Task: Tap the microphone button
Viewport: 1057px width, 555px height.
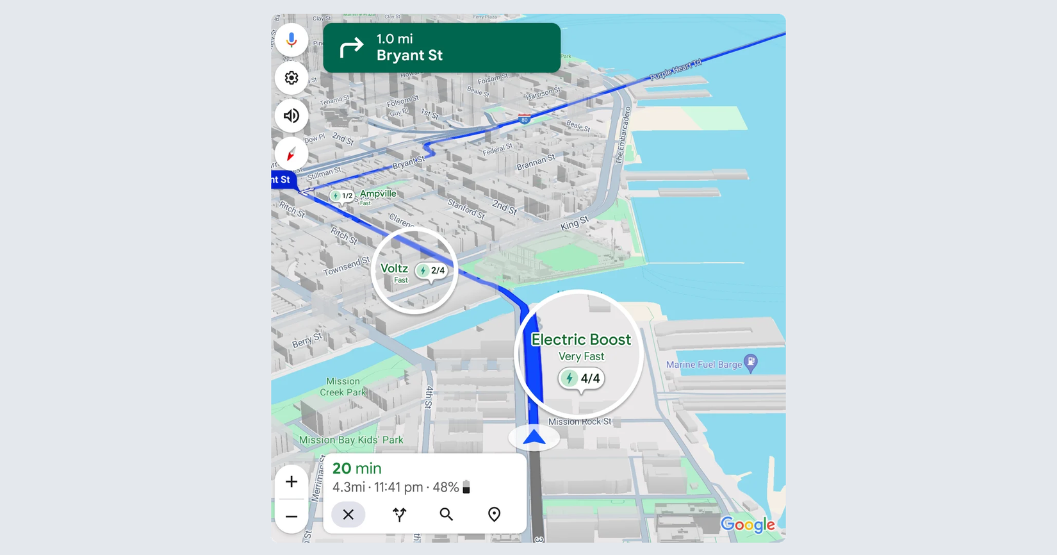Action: pos(291,40)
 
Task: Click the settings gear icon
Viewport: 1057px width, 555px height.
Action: pos(291,78)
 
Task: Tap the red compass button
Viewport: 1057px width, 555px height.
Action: pos(291,154)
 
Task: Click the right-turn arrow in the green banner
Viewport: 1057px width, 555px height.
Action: pos(351,47)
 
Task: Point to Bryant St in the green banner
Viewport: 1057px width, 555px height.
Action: pos(409,56)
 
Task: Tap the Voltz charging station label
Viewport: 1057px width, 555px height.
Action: pos(394,269)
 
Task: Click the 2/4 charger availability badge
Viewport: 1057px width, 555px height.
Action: pos(431,270)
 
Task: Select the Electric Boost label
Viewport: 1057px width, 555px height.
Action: pos(581,340)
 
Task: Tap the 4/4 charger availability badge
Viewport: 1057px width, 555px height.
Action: pos(582,378)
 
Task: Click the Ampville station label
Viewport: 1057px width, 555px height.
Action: pos(378,194)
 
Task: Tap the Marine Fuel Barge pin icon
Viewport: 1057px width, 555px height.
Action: pos(751,362)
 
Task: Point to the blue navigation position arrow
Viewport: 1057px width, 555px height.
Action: pos(534,438)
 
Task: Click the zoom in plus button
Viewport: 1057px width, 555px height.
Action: pos(291,481)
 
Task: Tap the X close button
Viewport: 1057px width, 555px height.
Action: pos(348,515)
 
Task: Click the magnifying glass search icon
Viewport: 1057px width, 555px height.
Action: pos(447,515)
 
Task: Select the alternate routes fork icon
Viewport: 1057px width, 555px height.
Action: pos(399,515)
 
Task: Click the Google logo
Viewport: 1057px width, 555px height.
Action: pos(748,525)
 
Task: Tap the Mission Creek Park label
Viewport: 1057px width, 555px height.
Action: pos(343,387)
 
